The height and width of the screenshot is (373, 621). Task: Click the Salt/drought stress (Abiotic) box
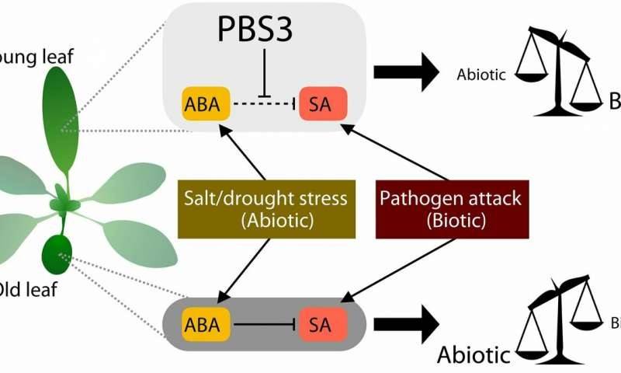pos(265,208)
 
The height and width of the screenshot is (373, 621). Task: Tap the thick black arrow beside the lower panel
pos(408,327)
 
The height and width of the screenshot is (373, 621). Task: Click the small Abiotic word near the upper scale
pos(481,75)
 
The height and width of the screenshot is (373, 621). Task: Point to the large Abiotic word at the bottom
pos(474,355)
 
